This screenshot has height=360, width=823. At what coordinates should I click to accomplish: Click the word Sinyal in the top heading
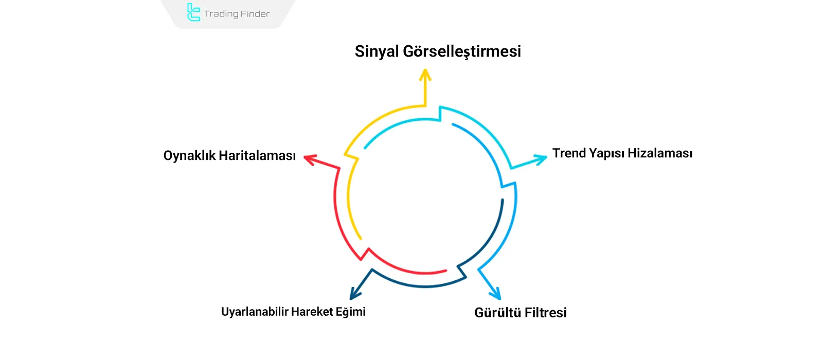(x=377, y=51)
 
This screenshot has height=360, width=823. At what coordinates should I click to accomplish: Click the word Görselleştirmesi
(x=461, y=51)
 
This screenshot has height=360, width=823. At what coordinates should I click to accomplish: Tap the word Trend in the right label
(x=569, y=153)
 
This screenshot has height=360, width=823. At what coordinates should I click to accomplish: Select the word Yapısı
(x=606, y=153)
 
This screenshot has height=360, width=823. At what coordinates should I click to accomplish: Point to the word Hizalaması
(x=660, y=153)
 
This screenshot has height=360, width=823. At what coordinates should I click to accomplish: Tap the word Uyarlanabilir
(x=255, y=312)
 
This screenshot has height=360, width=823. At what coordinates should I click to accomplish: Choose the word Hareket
(x=312, y=312)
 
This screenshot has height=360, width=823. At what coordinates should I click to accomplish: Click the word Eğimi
(x=350, y=312)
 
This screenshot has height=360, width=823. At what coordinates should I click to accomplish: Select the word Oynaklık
(x=189, y=156)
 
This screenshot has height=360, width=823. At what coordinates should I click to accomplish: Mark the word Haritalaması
(x=257, y=156)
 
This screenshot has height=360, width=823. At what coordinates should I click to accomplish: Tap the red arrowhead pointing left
(x=309, y=159)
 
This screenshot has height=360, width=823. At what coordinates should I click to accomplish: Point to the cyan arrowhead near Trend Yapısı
(x=541, y=158)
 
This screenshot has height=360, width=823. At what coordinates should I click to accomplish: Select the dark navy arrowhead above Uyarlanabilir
(x=355, y=294)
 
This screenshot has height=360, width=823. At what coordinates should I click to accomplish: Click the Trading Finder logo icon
(x=193, y=13)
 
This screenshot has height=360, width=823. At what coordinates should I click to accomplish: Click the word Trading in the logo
(x=221, y=14)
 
